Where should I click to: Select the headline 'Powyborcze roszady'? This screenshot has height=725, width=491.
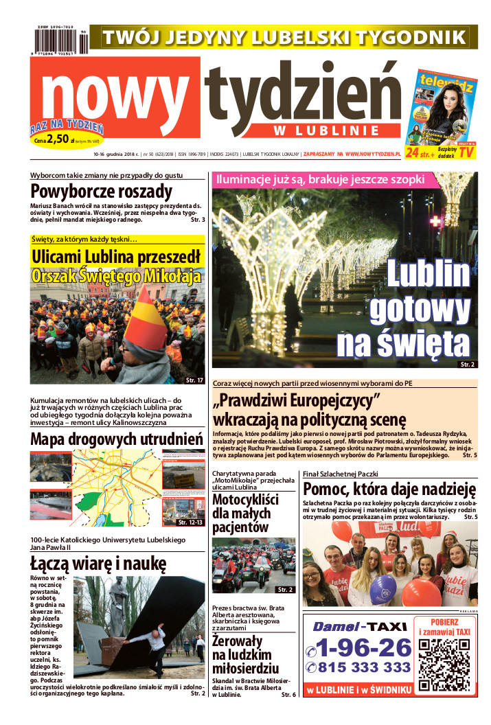tap(101, 192)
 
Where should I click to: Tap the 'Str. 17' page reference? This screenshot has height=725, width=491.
tap(194, 380)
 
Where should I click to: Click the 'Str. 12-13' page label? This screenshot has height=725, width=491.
tap(190, 522)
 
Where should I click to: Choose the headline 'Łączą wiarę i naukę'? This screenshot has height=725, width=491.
tap(98, 564)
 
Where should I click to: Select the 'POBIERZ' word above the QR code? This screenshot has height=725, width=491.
tap(444, 622)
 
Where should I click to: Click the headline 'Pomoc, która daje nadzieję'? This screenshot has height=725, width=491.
tap(389, 489)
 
